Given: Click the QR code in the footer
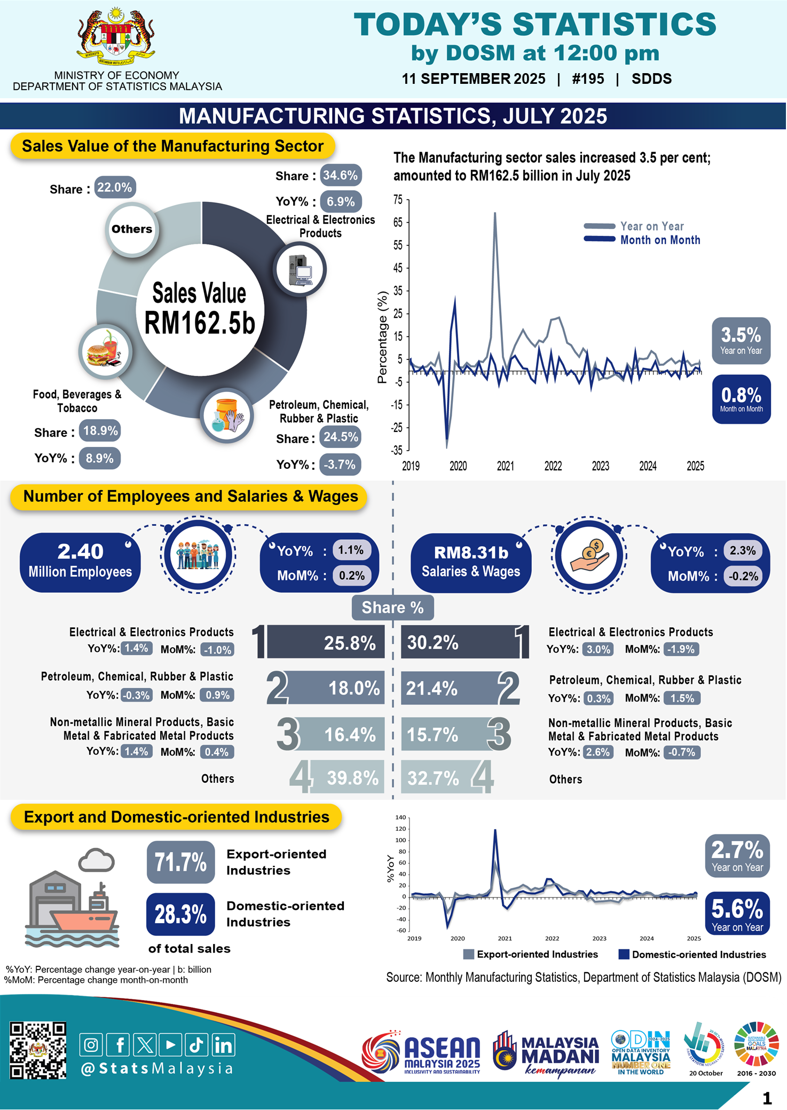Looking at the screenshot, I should (x=38, y=1051).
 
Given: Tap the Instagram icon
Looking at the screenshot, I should (x=91, y=1045).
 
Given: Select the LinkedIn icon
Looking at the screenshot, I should (x=223, y=1045).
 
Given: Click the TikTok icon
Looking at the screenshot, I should (x=196, y=1045).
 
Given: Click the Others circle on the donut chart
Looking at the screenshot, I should (x=132, y=229).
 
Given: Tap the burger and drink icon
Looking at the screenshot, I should (x=105, y=351).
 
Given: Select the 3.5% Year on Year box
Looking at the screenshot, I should (x=741, y=341).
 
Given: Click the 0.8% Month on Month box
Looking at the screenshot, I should (x=741, y=399).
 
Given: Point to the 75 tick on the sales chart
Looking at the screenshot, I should (x=398, y=200).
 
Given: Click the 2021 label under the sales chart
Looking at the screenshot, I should (x=505, y=466).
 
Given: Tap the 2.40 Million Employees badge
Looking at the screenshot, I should (x=80, y=562).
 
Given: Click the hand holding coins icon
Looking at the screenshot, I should (x=589, y=555).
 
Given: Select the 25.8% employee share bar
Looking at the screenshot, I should (x=326, y=642).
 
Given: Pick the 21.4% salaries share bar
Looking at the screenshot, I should (x=452, y=688).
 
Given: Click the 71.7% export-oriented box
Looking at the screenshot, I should (x=180, y=862).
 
